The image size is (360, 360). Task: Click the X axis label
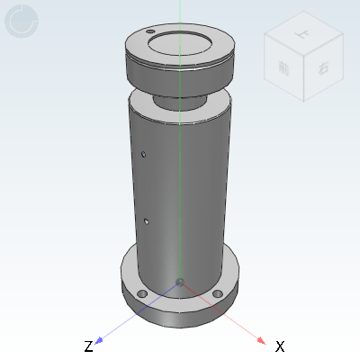[280, 346]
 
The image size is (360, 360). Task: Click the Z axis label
[88, 346]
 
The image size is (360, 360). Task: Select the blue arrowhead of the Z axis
[100, 340]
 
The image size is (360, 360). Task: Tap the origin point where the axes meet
[180, 283]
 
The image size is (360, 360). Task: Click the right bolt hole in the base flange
[217, 294]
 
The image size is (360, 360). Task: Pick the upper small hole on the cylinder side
[144, 154]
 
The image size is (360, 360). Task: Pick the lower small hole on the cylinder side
[147, 219]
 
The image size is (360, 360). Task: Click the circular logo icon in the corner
[22, 22]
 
